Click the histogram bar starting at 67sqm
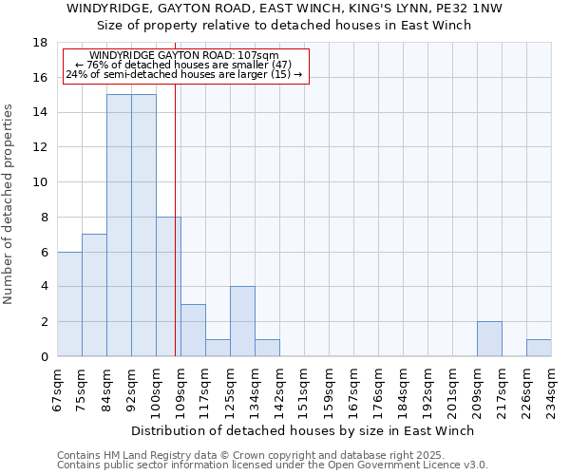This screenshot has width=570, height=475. coord(69,304)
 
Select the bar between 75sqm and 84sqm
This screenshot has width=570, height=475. coord(94,295)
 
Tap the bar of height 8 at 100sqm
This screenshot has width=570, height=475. coord(168,287)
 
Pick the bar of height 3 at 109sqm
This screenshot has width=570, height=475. coord(193,331)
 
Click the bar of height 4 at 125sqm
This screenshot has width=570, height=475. coord(242,322)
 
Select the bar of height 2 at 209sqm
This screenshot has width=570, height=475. coord(489,339)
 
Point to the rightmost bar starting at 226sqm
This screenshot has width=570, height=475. coord(539,348)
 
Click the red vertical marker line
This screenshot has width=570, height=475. coord(176,237)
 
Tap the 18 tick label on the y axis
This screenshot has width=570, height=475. coord(40,43)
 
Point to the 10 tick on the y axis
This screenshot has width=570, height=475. coord(40,182)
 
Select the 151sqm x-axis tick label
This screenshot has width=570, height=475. coord(304,389)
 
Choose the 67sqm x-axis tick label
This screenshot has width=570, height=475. coord(58,389)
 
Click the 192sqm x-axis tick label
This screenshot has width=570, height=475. coord(428,389)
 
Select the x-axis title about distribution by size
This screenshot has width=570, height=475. coord(302,430)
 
